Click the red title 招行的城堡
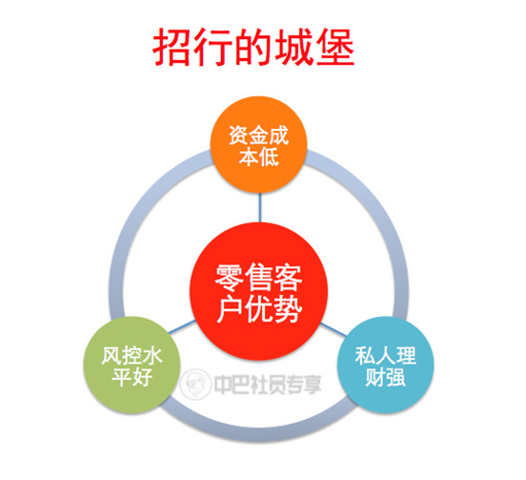coord(253,47)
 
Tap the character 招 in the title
coord(172,47)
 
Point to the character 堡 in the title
coord(335,47)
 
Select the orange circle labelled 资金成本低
coord(258,145)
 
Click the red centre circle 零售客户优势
coord(258,292)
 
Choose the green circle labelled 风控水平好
coord(132,365)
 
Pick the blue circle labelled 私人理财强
coord(385,365)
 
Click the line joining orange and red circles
coord(259,208)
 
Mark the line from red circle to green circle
coord(181,326)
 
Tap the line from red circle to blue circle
coord(334,330)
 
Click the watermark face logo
coord(195,384)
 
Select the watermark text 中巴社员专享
coord(268,385)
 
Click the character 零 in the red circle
coord(229,278)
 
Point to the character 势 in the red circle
coord(288,309)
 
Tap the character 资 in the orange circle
coord(238,136)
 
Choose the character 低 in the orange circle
coord(269,157)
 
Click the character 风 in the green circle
coord(111,355)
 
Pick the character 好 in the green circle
coord(142,377)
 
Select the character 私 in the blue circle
coord(365,355)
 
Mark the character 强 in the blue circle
coord(395,377)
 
